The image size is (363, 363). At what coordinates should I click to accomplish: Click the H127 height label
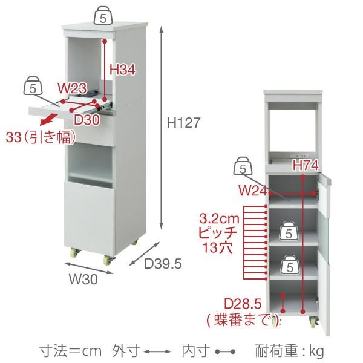point(183,123)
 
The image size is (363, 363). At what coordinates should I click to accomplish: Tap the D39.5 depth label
point(163,264)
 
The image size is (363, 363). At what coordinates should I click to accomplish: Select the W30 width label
point(83,279)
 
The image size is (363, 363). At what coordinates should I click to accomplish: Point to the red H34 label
point(122,70)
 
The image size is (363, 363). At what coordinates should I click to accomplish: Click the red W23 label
point(72,88)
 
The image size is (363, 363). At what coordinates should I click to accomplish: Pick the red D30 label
point(87,120)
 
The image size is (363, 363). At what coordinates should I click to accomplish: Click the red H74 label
point(306,166)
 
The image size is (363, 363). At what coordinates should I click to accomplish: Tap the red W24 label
point(253,191)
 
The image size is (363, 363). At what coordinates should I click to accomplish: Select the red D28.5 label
point(243,304)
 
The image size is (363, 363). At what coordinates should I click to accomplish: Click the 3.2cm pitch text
point(219,219)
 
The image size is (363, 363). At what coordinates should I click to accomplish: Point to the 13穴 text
point(217,247)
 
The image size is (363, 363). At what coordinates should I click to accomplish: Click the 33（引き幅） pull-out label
point(41,137)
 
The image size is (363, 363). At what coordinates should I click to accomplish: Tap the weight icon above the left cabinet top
point(103,15)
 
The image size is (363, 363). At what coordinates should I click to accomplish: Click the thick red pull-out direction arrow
point(49,119)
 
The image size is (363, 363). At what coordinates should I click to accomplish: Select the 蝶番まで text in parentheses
point(243,320)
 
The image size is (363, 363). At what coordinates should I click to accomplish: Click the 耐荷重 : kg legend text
point(289,351)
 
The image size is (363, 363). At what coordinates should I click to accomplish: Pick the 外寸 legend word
point(126,351)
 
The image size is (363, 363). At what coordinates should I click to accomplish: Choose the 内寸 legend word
point(196,351)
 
